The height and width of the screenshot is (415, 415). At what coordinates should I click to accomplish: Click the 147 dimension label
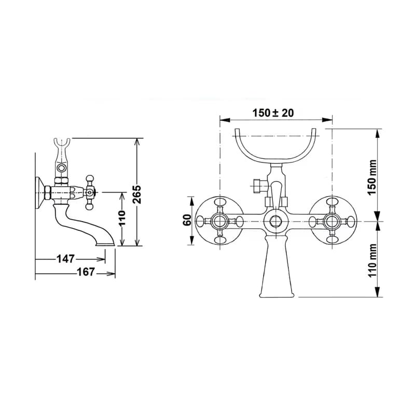coord(66,259)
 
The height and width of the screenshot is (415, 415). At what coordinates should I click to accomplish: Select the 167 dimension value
coord(86,272)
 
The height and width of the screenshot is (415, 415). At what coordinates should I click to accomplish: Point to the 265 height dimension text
coord(137,195)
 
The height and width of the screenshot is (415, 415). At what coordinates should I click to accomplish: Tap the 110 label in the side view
coord(122,218)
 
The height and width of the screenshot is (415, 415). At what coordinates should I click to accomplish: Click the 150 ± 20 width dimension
coord(273,113)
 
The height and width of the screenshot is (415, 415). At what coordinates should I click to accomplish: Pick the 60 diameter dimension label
coord(187,220)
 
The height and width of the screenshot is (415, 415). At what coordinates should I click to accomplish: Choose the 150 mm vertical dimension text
coord(372,177)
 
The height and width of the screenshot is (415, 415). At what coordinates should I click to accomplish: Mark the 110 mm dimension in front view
coord(372,260)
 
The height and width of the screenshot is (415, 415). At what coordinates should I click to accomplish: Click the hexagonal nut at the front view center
coord(276,221)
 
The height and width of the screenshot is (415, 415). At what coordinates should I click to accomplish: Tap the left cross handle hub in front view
coord(219,221)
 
